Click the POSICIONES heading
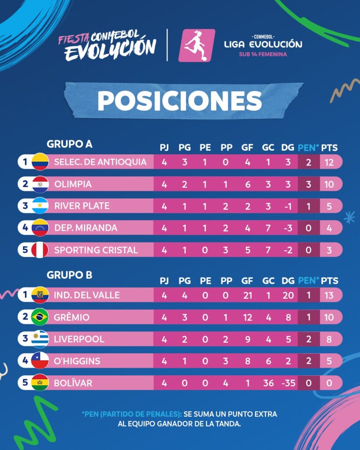click(180, 101)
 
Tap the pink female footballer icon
click(196, 45)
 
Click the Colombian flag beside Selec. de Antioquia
click(40, 162)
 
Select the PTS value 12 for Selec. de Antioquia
click(329, 163)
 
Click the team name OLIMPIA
click(73, 184)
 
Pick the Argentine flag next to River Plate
click(40, 206)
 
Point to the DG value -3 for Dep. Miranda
click(287, 228)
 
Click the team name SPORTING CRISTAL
click(96, 250)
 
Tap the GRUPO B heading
click(69, 275)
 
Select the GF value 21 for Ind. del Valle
click(247, 295)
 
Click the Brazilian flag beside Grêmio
click(40, 317)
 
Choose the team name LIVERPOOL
click(79, 339)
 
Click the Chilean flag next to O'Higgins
click(40, 360)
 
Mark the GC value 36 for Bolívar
click(269, 383)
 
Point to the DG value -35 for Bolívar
click(288, 383)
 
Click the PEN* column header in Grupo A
click(308, 148)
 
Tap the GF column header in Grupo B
click(247, 280)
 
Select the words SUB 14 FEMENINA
click(263, 54)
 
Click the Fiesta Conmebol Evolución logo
click(107, 45)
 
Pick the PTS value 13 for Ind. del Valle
click(329, 295)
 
